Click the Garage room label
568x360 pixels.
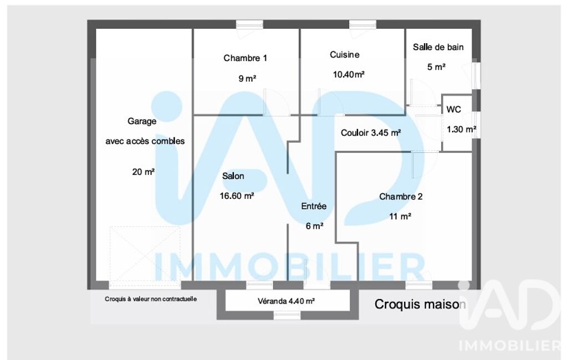click(142, 121)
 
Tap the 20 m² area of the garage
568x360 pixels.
click(144, 172)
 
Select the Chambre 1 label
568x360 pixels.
click(245, 58)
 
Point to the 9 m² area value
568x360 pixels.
click(247, 78)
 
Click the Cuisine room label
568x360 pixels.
click(345, 55)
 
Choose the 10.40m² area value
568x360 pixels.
click(349, 74)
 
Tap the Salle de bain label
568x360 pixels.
click(438, 47)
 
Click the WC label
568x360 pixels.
click(453, 109)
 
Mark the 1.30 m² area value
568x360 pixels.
click(461, 129)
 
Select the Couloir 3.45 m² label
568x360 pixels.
click(371, 133)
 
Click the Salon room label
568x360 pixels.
click(233, 176)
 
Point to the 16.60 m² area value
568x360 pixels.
click(237, 196)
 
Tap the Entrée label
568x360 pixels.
click(314, 206)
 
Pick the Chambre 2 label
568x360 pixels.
click(401, 197)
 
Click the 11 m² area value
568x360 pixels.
click(400, 217)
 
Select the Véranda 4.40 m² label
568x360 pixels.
click(286, 301)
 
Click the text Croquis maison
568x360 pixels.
click(420, 304)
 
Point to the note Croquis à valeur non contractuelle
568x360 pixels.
click(151, 299)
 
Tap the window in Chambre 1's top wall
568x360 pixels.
click(249, 24)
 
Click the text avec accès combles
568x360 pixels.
click(145, 141)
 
